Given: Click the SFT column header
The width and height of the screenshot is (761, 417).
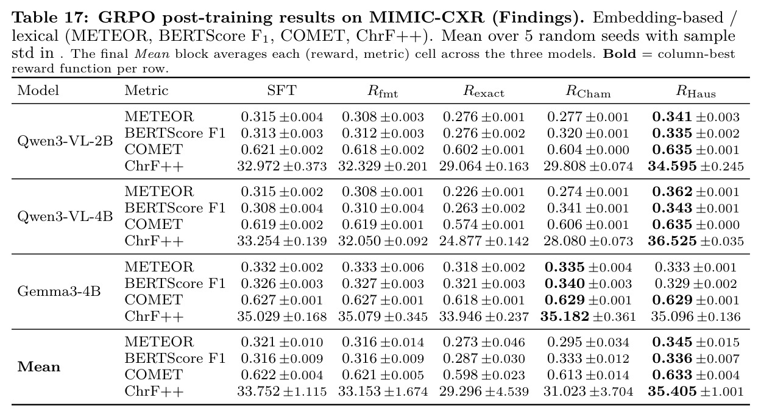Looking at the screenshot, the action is click(x=281, y=90).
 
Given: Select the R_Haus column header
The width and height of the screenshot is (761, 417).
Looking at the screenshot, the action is click(x=695, y=91).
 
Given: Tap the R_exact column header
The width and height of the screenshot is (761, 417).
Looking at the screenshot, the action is click(x=484, y=91).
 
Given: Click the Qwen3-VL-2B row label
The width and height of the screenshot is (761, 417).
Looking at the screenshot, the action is click(x=65, y=141).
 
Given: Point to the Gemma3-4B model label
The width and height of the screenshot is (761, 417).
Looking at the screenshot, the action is click(x=58, y=291).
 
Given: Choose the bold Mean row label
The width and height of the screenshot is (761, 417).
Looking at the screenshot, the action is click(x=39, y=367).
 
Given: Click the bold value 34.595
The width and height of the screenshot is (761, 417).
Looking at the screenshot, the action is click(x=672, y=166).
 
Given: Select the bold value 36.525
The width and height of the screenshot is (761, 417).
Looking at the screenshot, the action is click(x=672, y=241).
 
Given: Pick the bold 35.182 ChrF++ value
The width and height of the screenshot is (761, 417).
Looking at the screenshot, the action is click(x=565, y=316).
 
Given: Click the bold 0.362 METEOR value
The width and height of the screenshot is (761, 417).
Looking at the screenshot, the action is click(x=672, y=192).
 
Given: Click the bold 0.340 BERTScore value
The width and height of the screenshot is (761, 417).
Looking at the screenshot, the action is click(x=565, y=283).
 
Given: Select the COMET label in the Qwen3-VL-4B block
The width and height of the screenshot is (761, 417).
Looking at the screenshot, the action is click(x=154, y=224).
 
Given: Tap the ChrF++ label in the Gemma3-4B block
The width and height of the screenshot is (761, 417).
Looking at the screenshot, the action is click(x=154, y=316).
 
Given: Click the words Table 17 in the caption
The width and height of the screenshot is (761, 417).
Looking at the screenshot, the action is click(x=50, y=18).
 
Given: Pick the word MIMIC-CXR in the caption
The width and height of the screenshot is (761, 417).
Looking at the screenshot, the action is click(x=427, y=18).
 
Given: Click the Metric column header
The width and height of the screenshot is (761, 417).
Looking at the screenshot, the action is click(x=146, y=90).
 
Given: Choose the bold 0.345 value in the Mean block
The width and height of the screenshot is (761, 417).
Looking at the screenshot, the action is click(x=672, y=342).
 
